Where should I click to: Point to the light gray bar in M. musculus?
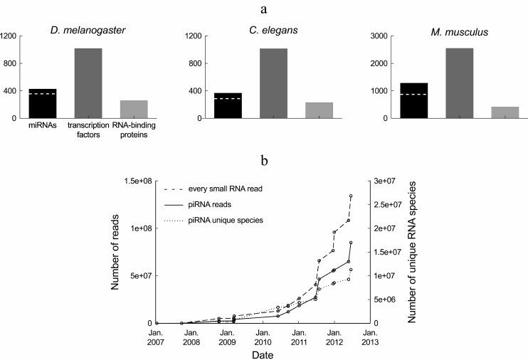[505, 112]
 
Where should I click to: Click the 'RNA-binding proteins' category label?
[134, 129]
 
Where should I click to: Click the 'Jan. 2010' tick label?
[263, 337]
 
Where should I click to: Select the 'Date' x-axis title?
[263, 354]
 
